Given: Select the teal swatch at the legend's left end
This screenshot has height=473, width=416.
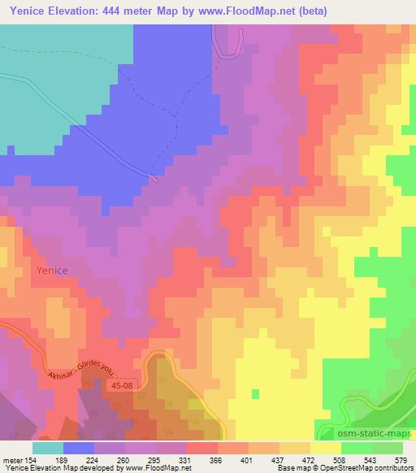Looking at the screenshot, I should tap(48, 448).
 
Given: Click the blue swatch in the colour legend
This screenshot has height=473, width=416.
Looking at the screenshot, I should tap(79, 448).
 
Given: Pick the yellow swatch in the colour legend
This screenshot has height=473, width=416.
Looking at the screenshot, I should tap(325, 448).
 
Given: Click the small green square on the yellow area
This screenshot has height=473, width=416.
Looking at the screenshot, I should tap(256, 393).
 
